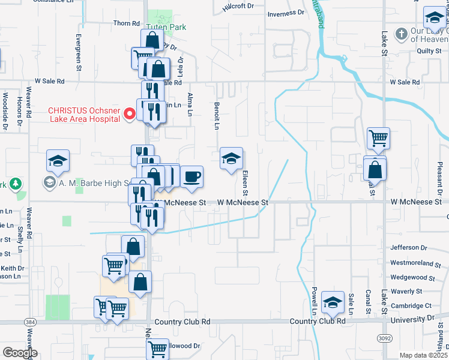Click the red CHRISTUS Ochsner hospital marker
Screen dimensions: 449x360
pyautogui.click(x=128, y=114)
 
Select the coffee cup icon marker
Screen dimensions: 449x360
pyautogui.click(x=191, y=177)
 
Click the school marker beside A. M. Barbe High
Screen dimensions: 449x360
pyautogui.click(x=58, y=160)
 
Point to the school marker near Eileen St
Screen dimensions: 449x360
pyautogui.click(x=231, y=158)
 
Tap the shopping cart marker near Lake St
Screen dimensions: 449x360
pyautogui.click(x=378, y=138)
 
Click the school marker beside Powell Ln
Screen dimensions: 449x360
pyautogui.click(x=332, y=302)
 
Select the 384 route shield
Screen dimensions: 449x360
pyautogui.click(x=29, y=322)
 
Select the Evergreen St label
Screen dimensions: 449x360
pyautogui.click(x=79, y=52)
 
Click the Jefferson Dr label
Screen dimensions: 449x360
pyautogui.click(x=408, y=247)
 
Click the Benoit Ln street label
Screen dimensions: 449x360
pyautogui.click(x=216, y=115)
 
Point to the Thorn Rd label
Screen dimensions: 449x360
pyautogui.click(x=126, y=23)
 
